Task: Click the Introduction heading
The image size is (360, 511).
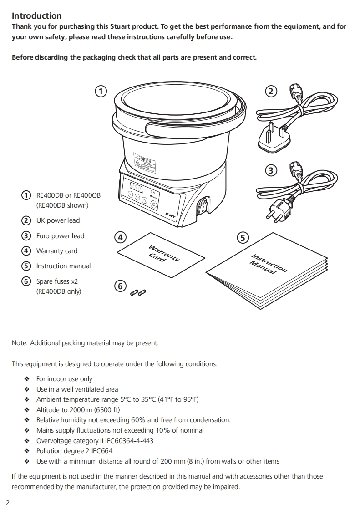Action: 36,16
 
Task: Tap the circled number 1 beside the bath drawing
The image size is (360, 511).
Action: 101,91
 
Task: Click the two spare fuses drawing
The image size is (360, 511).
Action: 138,291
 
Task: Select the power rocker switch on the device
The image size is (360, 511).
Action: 201,207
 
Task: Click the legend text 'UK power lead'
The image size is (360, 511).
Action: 58,220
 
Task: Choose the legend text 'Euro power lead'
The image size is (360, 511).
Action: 60,236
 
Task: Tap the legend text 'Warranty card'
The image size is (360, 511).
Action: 57,251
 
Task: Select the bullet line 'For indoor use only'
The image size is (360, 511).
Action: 64,379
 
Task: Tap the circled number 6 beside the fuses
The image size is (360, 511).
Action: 120,286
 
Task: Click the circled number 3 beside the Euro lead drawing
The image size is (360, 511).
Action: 271,170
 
